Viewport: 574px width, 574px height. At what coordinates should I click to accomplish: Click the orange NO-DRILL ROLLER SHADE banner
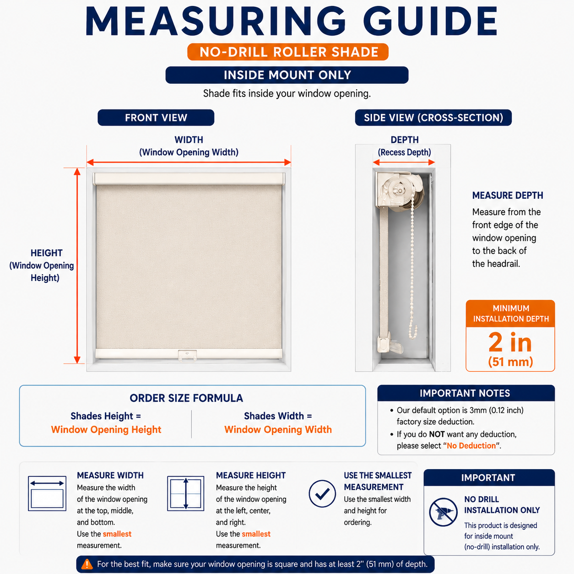point(288,52)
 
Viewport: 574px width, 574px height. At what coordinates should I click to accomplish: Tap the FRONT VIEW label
point(156,118)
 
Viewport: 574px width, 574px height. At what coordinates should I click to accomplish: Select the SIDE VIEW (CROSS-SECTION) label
point(433,118)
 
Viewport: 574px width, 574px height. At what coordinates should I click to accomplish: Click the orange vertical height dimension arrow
point(77,265)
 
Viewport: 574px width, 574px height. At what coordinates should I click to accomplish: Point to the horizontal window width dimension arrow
point(189,162)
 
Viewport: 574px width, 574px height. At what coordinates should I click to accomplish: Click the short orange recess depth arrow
point(404,162)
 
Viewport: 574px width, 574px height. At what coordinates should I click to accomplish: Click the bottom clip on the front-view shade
point(187,356)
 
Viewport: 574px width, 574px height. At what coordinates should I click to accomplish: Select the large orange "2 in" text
point(510,342)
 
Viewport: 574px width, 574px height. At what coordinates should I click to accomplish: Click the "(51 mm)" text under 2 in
point(510,362)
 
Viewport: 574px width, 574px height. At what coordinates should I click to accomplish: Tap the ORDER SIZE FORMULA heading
point(186,398)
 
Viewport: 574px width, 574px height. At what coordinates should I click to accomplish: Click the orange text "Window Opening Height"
point(106,429)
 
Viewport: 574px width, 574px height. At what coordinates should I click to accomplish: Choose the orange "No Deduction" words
point(471,446)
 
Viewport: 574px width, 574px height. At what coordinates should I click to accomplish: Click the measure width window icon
point(47,493)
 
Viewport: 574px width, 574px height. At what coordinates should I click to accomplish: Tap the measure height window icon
point(185,493)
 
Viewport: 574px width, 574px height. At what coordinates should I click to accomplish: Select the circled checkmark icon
point(322,493)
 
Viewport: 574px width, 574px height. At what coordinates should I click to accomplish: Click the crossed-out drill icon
point(443,512)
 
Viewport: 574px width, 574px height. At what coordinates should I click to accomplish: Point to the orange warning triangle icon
point(87,564)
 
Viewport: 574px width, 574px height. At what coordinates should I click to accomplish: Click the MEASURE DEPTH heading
point(508,195)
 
